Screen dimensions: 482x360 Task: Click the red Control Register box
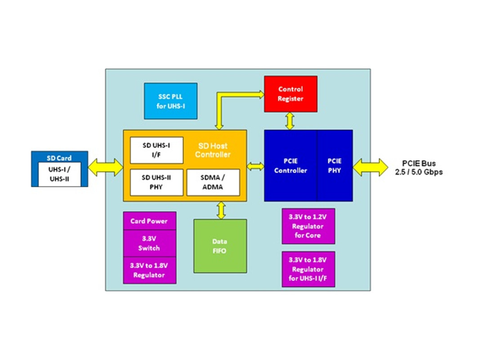click(290, 94)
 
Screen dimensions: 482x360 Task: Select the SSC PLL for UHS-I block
click(170, 101)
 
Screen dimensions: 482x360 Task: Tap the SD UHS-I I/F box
click(156, 150)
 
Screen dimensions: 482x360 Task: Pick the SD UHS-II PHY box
click(156, 182)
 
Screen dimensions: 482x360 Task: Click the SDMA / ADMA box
click(213, 182)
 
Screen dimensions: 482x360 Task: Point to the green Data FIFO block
click(220, 246)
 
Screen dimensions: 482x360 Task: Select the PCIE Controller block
click(290, 166)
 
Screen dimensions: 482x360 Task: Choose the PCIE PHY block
click(335, 166)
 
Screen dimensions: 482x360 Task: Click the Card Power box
click(149, 220)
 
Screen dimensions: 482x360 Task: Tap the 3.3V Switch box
click(149, 243)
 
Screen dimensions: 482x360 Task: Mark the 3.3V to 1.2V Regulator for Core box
click(308, 226)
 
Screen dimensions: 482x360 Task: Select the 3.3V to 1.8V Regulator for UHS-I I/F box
click(308, 269)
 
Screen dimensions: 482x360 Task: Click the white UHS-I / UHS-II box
click(59, 174)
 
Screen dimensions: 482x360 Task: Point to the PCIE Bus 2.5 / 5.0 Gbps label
click(419, 168)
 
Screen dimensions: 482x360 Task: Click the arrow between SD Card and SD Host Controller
click(105, 167)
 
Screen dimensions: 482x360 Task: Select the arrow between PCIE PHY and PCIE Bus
click(370, 167)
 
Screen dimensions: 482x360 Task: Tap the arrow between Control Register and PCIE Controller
click(290, 121)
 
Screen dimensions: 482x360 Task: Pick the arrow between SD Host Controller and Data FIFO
click(221, 211)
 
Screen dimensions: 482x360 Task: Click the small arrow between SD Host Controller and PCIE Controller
click(255, 166)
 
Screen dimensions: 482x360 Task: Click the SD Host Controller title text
click(213, 150)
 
